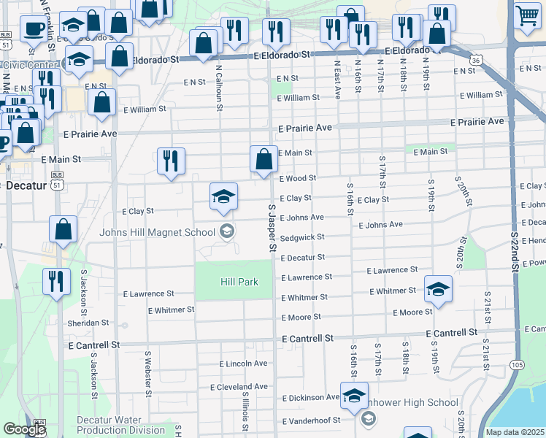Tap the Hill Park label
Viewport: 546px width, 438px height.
coord(239,282)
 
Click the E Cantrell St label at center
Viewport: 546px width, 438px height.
coord(307,339)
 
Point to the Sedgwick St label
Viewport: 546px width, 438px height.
coord(301,237)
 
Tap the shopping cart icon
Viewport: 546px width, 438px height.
coord(527,15)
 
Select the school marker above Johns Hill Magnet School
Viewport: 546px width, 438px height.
coord(223,196)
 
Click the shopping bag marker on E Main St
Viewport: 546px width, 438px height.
coord(264,161)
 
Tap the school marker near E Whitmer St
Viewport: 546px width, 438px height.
coord(438,290)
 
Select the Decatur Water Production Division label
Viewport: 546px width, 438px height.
coord(120,425)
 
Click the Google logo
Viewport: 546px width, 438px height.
coord(24,429)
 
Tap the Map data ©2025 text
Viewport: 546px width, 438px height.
coord(515,432)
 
